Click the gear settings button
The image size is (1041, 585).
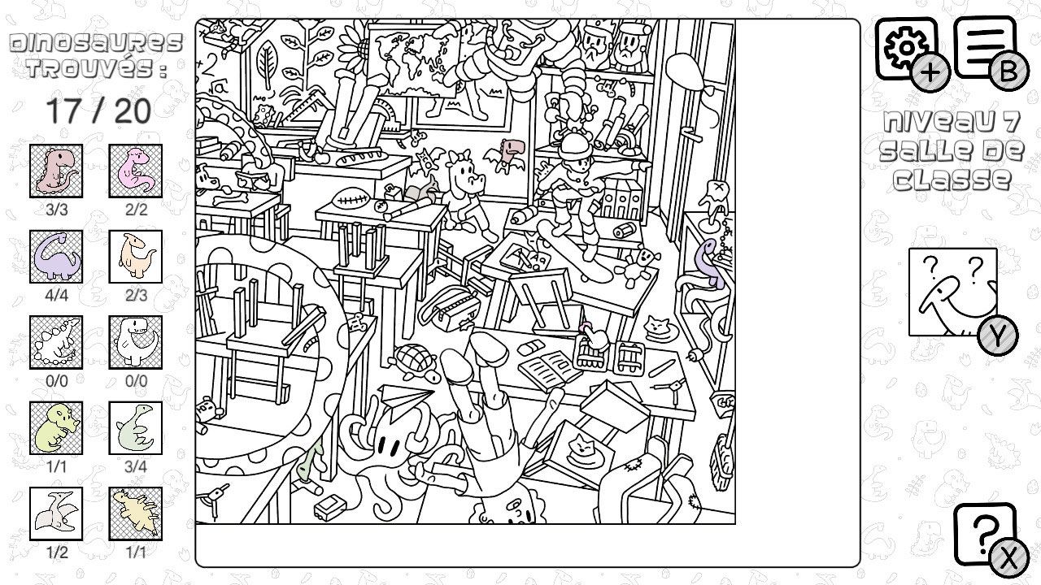(907, 49)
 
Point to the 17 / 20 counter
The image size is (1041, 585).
(98, 111)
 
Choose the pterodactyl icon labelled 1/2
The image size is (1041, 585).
(56, 513)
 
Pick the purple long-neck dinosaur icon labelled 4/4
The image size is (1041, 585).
(56, 256)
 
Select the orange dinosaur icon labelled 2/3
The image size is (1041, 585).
(136, 256)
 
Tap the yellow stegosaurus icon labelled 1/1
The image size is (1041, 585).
(136, 513)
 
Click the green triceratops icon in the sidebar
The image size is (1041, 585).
(56, 427)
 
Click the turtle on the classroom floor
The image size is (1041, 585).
(416, 362)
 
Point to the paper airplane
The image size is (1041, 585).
(405, 401)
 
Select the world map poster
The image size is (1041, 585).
(412, 59)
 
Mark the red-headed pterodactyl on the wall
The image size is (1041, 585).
(507, 155)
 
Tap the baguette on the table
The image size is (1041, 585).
(360, 157)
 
